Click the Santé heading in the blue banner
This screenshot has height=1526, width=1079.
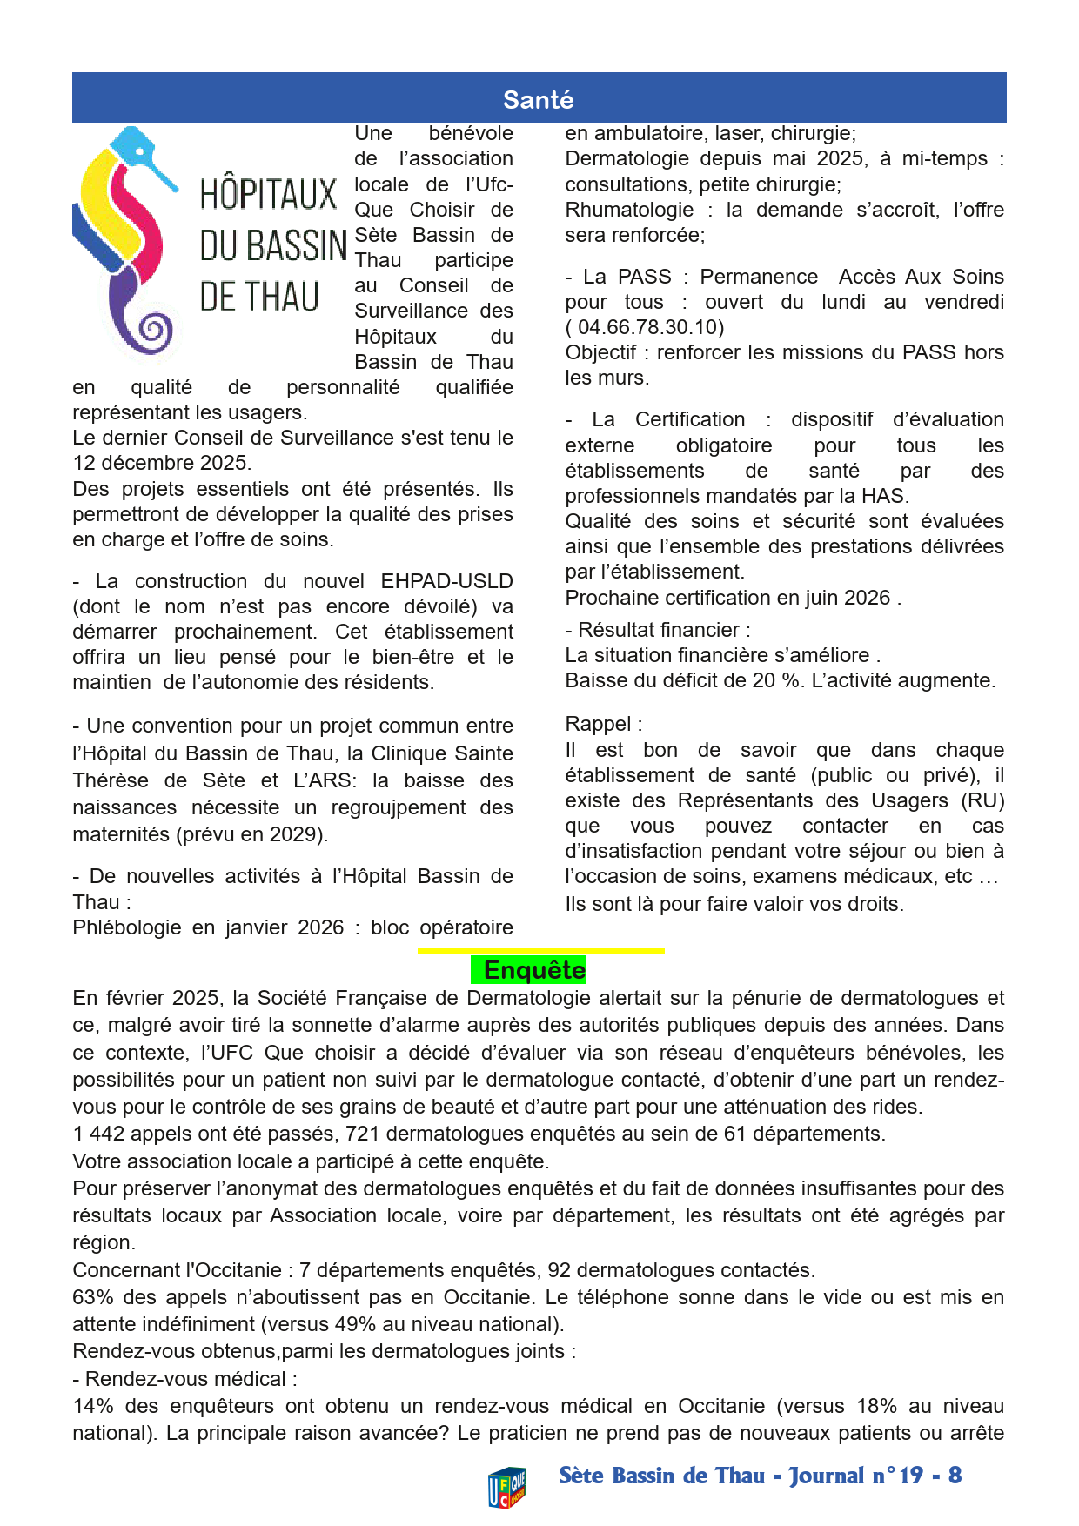[x=538, y=100]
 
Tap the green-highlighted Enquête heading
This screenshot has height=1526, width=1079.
[x=533, y=970]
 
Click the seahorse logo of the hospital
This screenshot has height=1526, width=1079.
[x=127, y=240]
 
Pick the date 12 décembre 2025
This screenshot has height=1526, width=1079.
[x=161, y=463]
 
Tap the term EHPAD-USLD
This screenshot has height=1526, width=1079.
[x=446, y=581]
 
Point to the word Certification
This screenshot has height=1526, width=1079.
[x=690, y=419]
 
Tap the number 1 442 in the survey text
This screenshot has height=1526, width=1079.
[x=98, y=1134]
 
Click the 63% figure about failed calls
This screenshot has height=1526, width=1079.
[x=94, y=1297]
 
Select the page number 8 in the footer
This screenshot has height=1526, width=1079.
[x=955, y=1476]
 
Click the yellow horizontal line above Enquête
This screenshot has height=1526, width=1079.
[x=540, y=951]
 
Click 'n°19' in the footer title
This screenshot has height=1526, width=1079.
[x=897, y=1476]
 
